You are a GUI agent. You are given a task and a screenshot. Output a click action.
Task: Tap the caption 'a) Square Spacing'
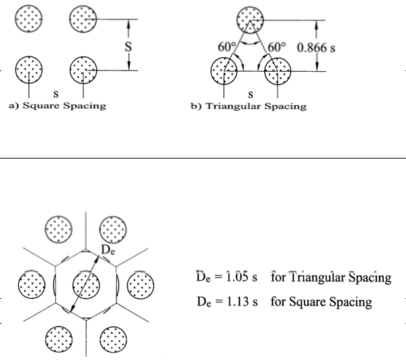tap(56, 106)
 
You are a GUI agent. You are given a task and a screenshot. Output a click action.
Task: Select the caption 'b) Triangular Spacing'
tap(249, 106)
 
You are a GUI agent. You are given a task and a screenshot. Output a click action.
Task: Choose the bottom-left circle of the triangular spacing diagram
tap(224, 70)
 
